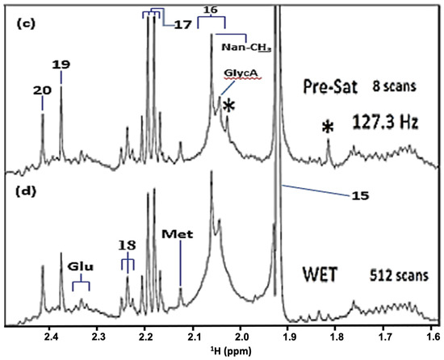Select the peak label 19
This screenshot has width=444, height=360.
pyautogui.click(x=61, y=65)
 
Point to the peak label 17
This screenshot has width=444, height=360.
pyautogui.click(x=181, y=25)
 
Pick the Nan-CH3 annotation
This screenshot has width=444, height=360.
pyautogui.click(x=245, y=48)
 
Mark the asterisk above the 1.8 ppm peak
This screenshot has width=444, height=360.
pyautogui.click(x=328, y=128)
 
